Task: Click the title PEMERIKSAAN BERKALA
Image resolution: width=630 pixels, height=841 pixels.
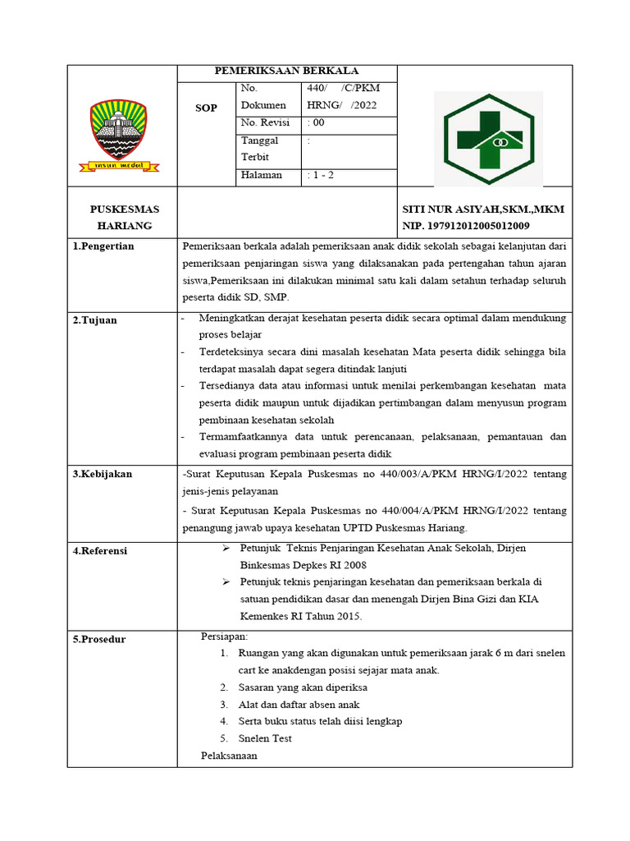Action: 287,71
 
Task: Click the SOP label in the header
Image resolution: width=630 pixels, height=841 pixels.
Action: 206,108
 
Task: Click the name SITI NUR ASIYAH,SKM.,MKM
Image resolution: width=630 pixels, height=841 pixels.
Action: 482,210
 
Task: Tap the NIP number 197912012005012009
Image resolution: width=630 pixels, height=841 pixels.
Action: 465,226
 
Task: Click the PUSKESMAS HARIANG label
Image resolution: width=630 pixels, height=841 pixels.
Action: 125,218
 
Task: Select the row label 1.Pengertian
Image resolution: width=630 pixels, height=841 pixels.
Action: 105,246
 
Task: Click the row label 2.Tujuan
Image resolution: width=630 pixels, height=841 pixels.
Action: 95,319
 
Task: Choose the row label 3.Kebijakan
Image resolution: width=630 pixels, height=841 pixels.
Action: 103,474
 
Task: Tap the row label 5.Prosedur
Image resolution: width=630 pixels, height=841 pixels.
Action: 100,639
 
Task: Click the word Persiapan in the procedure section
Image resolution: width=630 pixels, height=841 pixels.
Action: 224,636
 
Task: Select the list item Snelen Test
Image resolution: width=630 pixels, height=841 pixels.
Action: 265,738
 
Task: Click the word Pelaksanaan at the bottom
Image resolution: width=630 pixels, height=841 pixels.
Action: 229,755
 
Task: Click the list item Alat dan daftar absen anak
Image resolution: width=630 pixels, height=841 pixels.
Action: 299,704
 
